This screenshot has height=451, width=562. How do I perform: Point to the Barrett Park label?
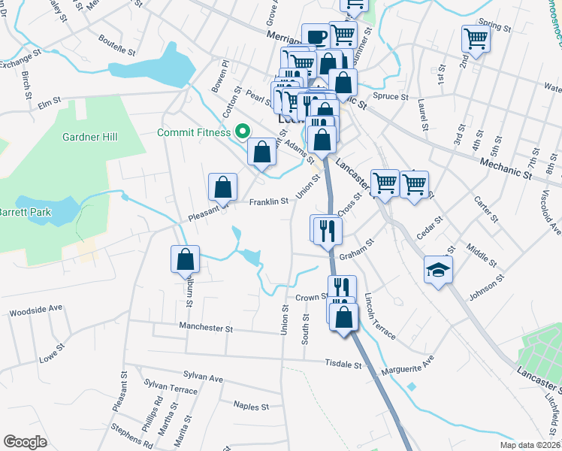coord(25,212)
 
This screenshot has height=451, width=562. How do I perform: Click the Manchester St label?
coord(206,328)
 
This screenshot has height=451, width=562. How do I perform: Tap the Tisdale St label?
coord(344,365)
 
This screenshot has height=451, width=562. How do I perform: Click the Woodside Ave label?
coord(35,308)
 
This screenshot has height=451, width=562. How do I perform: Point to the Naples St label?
coord(251,406)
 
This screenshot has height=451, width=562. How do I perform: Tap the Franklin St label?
coord(269,201)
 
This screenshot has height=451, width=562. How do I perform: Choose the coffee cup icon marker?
coord(316,37)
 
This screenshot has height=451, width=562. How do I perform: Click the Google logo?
coord(25,442)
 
